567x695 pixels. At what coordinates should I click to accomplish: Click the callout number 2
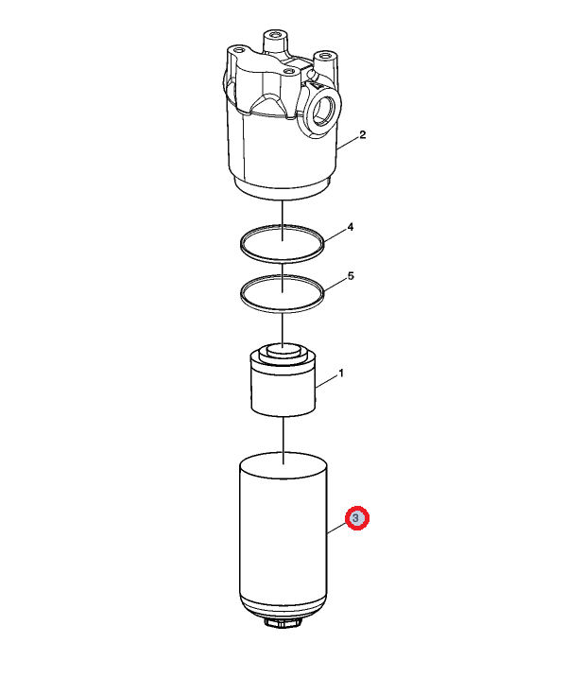363,134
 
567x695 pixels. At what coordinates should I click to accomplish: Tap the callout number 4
351,227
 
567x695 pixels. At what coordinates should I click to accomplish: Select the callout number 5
351,276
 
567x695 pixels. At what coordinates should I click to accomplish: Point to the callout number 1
341,374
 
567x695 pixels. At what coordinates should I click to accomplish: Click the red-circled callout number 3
357,518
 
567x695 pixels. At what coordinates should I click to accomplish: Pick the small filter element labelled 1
283,380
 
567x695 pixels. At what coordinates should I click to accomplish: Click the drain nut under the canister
283,622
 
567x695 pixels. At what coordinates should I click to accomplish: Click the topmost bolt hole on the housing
276,34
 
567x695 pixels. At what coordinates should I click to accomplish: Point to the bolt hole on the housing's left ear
239,49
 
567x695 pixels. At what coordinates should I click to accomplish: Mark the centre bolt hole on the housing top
289,71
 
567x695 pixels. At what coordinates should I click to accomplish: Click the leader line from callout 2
348,143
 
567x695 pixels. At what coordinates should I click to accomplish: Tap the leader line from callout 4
335,235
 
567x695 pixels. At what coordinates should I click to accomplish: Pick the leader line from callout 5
335,285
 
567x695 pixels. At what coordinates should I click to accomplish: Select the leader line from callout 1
326,383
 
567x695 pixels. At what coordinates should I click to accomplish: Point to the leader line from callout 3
337,528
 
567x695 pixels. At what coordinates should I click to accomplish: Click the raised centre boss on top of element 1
283,349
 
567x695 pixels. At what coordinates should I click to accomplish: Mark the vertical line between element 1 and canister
283,441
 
